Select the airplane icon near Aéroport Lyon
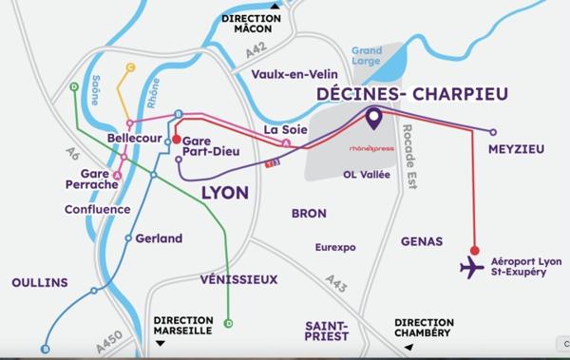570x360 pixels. click(x=471, y=267)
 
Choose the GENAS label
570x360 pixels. click(x=423, y=242)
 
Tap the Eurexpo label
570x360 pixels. click(x=335, y=247)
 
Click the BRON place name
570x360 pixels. click(x=309, y=213)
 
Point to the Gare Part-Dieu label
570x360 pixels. click(x=209, y=145)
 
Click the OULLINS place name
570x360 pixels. click(x=39, y=282)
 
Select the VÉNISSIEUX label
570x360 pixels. click(x=239, y=279)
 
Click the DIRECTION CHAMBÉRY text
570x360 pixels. click(x=424, y=330)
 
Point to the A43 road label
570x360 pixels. click(x=335, y=282)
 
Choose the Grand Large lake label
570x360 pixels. click(x=367, y=56)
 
